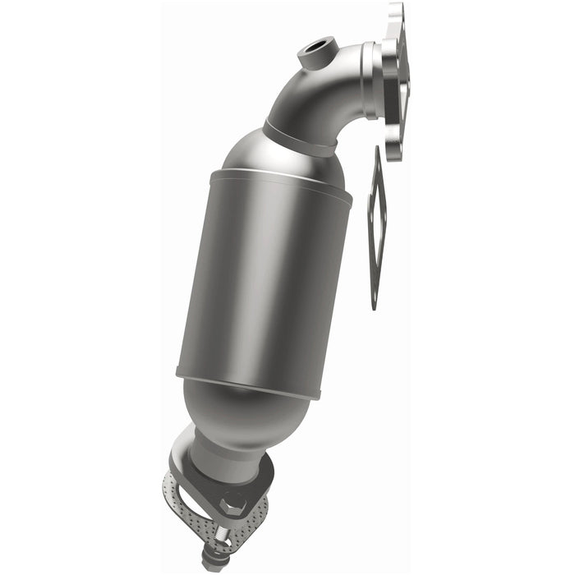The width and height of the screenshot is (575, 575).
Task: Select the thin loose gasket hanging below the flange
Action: (375, 222)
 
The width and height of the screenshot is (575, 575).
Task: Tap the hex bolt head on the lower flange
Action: (232, 504)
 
